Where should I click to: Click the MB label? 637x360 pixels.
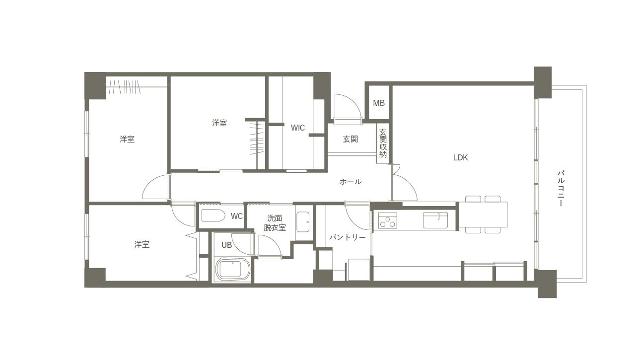point(379,103)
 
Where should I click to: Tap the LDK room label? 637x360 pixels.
point(460,157)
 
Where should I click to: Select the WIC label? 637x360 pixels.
point(298,128)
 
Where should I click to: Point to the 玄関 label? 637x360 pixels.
point(351,140)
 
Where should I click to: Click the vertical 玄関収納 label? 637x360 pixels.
point(383,144)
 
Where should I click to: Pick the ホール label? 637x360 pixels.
point(351,182)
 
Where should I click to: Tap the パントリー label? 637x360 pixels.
point(347,237)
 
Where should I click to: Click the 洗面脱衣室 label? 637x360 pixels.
point(275,223)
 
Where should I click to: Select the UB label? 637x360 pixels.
point(226,245)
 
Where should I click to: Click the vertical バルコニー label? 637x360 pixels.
point(561,188)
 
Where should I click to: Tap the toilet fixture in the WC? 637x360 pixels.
point(213,216)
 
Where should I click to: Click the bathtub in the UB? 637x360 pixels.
point(233,269)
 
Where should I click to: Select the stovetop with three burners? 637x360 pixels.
point(388,220)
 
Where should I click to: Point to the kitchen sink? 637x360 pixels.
point(435,220)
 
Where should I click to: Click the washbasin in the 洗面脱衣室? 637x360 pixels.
point(303,222)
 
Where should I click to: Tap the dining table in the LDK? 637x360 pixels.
point(483,214)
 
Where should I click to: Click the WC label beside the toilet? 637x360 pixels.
point(237,216)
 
